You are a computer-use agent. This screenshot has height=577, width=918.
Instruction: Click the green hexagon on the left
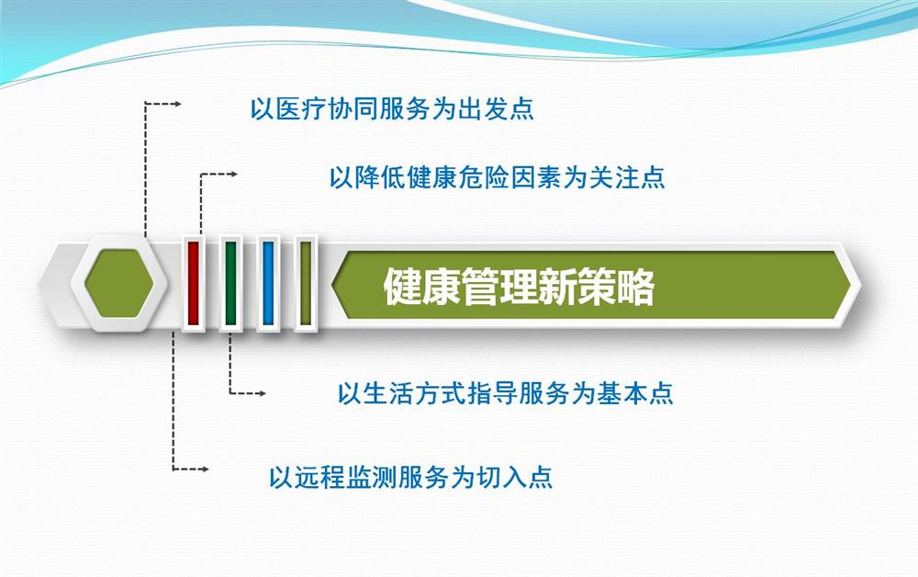[x=119, y=284]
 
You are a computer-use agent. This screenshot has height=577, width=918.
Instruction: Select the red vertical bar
[x=193, y=283]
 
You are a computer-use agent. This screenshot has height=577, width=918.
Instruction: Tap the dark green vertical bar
[x=230, y=283]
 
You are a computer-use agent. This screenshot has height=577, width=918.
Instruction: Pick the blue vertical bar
[x=268, y=283]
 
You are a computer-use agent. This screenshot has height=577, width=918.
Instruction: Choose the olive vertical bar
[x=305, y=283]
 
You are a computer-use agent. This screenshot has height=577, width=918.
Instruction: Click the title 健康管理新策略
[x=519, y=287]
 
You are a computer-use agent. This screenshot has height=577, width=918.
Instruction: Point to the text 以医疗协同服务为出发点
[x=392, y=109]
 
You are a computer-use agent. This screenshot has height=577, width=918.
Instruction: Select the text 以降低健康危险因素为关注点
[x=497, y=177]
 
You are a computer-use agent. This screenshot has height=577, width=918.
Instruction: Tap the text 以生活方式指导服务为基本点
[x=505, y=393]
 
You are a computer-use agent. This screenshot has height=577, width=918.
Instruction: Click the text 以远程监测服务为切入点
[x=410, y=478]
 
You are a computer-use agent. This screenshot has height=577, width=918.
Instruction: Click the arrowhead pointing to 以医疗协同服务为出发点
[x=177, y=104]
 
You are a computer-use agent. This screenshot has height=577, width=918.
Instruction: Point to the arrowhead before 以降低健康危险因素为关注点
[x=233, y=174]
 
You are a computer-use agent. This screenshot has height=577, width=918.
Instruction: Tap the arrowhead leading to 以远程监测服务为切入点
[x=205, y=470]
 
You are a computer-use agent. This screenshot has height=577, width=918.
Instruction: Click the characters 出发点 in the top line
[x=496, y=109]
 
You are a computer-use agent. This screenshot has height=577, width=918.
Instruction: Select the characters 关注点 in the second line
[x=627, y=177]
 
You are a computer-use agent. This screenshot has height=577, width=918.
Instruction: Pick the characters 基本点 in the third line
[x=635, y=393]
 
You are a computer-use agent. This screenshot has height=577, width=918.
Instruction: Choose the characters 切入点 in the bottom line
[x=515, y=478]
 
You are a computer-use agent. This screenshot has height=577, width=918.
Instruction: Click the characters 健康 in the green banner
[x=421, y=287]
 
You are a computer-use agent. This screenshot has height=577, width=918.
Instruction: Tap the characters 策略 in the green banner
[x=616, y=287]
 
